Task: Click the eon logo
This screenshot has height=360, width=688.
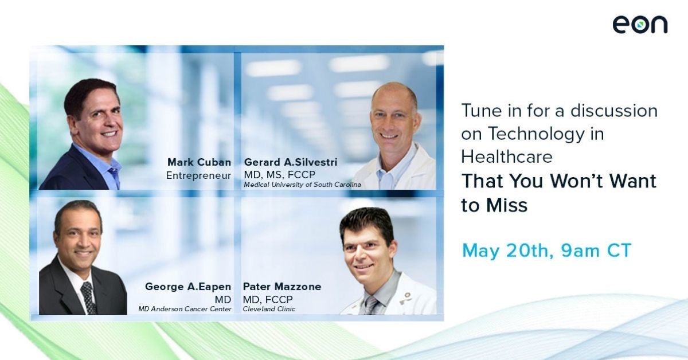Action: tap(639, 25)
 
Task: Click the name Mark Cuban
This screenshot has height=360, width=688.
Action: tap(199, 162)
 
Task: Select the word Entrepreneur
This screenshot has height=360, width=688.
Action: tap(198, 175)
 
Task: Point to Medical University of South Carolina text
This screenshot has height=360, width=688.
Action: tap(302, 185)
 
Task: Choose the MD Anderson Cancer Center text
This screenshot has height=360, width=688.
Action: tap(185, 309)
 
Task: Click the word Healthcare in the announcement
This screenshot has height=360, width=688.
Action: tap(508, 156)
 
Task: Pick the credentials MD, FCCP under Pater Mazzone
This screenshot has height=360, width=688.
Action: tap(264, 298)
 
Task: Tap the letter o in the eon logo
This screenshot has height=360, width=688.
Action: tap(639, 25)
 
